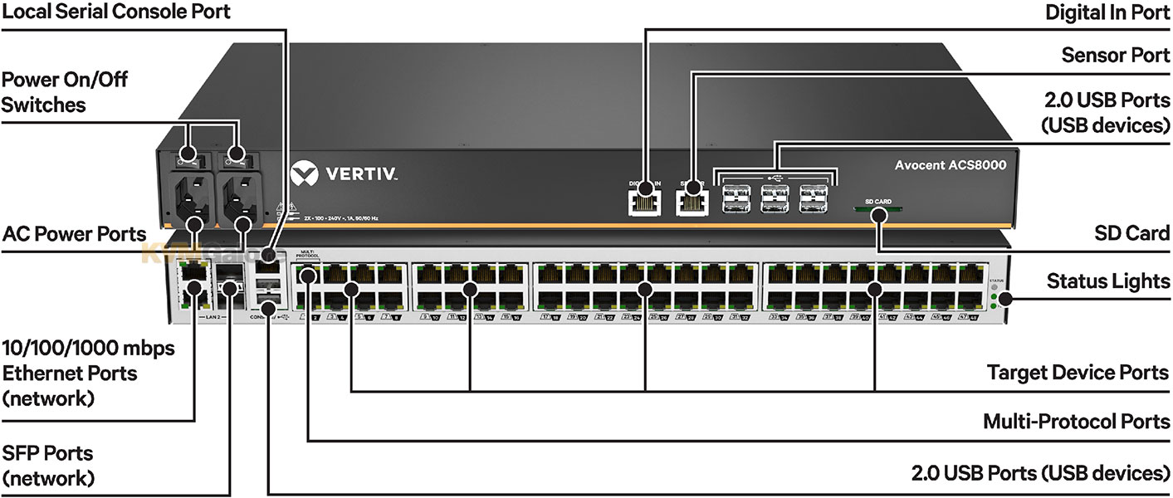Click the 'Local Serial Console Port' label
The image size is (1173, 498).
[115, 12]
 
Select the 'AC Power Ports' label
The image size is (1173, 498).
[74, 234]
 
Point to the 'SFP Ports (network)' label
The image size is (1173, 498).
[48, 466]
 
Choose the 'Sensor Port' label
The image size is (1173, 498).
[1116, 56]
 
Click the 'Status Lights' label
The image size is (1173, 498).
[1108, 281]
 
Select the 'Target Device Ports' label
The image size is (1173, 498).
[1078, 372]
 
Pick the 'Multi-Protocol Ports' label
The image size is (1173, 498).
[1076, 422]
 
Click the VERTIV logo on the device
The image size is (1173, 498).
[345, 176]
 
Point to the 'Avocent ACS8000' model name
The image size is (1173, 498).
[950, 165]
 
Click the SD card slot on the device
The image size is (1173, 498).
[878, 211]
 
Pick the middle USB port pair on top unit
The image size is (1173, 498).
[775, 198]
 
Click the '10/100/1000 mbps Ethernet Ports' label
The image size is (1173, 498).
[89, 373]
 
